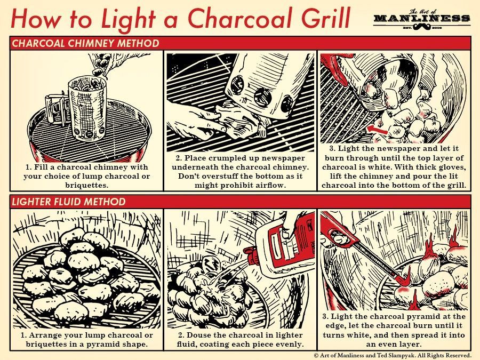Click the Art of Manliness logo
pyautogui.click(x=421, y=20)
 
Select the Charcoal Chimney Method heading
pyautogui.click(x=85, y=43)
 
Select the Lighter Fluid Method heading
pyautogui.click(x=69, y=202)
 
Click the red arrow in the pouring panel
pyautogui.click(x=377, y=129)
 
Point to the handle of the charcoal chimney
pyautogui.click(x=54, y=110)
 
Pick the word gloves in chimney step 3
pyautogui.click(x=450, y=167)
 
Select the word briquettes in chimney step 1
pyautogui.click(x=86, y=185)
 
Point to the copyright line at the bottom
pyautogui.click(x=392, y=355)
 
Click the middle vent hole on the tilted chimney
pyautogui.click(x=262, y=98)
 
